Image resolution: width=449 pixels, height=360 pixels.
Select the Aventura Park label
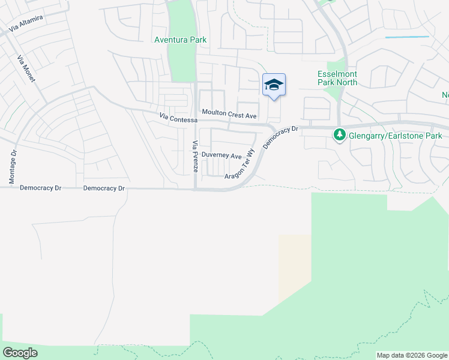pos(181,40)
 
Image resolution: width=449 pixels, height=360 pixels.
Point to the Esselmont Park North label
pos(337,78)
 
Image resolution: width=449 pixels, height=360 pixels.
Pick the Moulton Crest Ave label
pos(229,113)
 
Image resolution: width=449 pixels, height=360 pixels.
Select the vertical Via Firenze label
pos(195,156)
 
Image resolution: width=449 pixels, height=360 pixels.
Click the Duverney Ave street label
pos(221,155)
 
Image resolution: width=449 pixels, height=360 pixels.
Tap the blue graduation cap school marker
pos(274,85)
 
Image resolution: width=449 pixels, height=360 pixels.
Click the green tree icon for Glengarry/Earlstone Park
pos(340,135)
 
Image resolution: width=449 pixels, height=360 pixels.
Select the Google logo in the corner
pos(20,353)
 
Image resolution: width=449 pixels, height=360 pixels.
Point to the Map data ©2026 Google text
pos(412,355)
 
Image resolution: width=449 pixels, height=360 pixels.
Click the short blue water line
pos(407,37)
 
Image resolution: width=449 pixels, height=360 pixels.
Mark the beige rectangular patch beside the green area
pos(295,264)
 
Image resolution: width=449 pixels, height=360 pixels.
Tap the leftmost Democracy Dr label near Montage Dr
pos(41,188)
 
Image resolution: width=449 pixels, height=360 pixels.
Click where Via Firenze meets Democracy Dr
pos(196,189)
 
